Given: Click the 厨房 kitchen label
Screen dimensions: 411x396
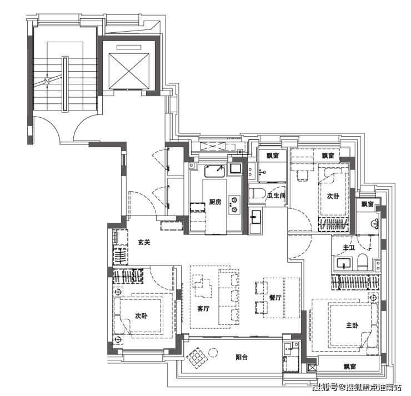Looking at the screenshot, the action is (215, 202).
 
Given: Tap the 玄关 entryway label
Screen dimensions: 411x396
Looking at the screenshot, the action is (144, 242).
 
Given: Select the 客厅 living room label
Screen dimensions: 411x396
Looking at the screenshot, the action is (203, 308).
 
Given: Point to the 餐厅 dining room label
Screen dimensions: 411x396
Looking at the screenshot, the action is (275, 298).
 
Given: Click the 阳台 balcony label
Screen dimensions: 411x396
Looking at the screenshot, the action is (242, 357).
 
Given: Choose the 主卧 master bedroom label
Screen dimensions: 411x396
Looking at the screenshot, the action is (352, 325).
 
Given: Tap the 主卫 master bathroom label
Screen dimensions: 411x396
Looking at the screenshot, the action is (349, 247).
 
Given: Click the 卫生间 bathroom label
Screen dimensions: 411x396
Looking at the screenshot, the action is (276, 196).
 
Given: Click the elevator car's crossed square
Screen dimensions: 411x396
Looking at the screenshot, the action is (129, 71).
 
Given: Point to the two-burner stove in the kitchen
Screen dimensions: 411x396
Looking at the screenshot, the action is (234, 205).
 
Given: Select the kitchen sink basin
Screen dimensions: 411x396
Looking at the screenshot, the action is (215, 171).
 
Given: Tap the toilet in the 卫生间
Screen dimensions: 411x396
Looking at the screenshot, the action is (257, 193).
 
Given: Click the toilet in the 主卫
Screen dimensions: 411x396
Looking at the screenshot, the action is (363, 262).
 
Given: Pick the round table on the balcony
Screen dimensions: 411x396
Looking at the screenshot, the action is (213, 353).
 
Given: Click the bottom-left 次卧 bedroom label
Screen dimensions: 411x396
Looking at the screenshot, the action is (141, 316).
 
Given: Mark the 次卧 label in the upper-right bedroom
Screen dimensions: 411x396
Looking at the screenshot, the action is (333, 196).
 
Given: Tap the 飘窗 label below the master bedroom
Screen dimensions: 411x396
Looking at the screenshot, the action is (350, 367).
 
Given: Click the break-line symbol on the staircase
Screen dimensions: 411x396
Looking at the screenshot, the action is (47, 81).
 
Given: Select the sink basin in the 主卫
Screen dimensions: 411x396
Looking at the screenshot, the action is (344, 264).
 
